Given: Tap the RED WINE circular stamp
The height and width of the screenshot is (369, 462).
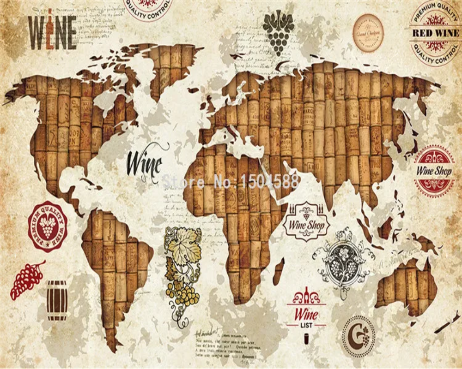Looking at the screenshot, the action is click(435, 33).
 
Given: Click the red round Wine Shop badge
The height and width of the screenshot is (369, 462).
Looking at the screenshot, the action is click(434, 171).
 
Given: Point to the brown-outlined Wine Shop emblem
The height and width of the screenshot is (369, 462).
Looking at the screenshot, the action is click(307, 222).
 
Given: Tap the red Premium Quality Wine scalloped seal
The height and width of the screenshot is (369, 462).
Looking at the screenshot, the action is click(48, 226).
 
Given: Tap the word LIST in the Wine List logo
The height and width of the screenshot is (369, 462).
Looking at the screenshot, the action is click(306, 326).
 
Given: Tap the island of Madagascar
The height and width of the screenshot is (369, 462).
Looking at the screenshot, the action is click(278, 272).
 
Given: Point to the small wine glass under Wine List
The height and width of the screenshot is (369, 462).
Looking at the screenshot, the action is click(306, 339).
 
